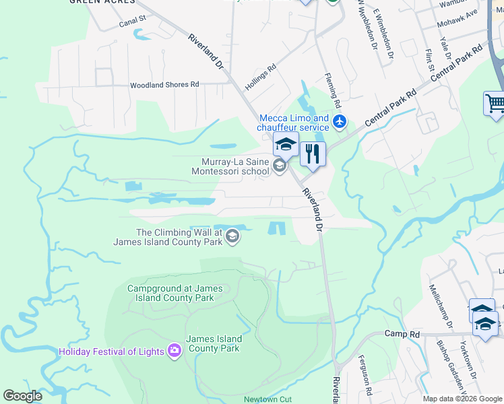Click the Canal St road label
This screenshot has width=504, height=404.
[132, 22]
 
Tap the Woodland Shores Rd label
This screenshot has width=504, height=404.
[165, 85]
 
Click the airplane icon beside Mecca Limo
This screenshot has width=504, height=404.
[340, 123]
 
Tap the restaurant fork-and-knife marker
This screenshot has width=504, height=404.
[312, 154]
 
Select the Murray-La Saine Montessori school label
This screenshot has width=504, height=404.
[236, 166]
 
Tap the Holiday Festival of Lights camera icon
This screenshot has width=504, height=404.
[175, 350]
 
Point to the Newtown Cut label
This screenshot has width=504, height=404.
[267, 399]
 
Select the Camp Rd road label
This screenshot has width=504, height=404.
[402, 334]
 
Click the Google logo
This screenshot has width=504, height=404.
[23, 396]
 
